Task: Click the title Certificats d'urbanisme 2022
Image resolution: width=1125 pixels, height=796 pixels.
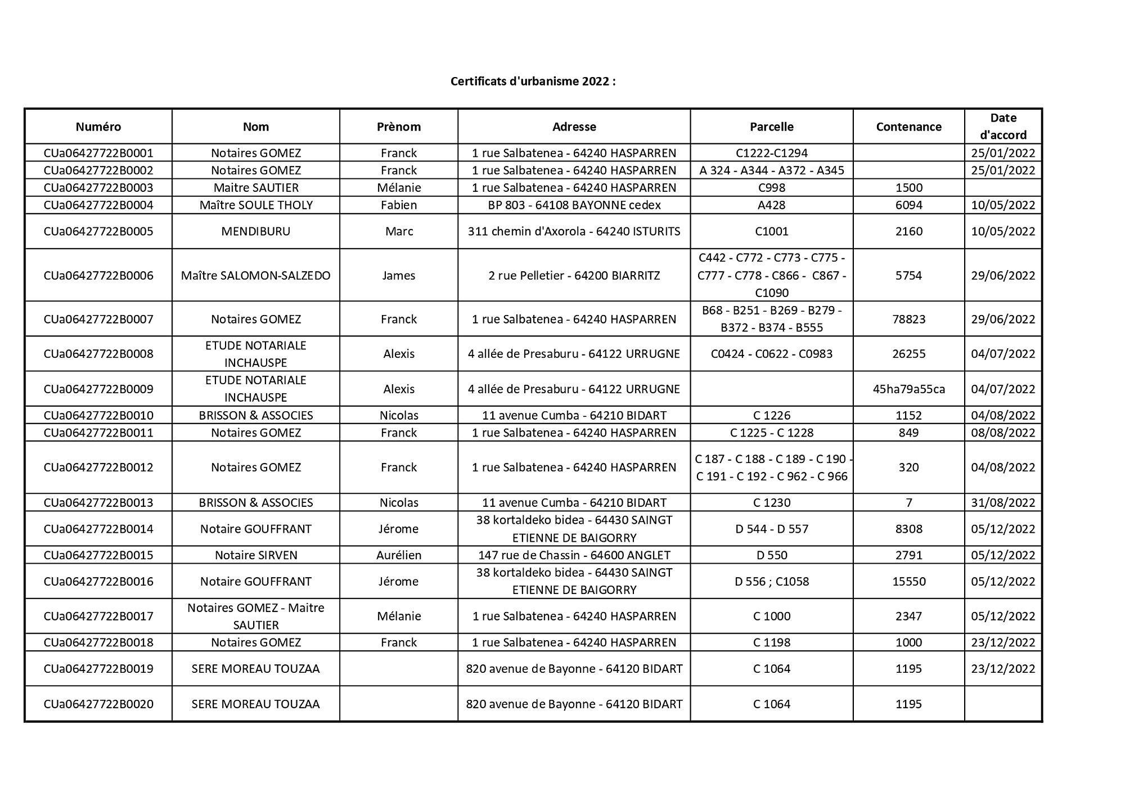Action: pyautogui.click(x=533, y=82)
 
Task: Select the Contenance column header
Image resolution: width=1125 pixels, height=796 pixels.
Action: pyautogui.click(x=908, y=127)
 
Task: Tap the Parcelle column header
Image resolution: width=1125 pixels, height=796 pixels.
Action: pyautogui.click(x=771, y=127)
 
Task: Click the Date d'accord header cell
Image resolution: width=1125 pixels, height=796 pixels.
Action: pyautogui.click(x=1003, y=127)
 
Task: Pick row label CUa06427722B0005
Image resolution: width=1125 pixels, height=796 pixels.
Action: pyautogui.click(x=98, y=231)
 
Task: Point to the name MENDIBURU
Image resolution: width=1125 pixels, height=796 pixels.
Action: pyautogui.click(x=256, y=231)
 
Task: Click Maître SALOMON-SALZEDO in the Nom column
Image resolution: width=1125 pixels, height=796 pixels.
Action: pyautogui.click(x=256, y=276)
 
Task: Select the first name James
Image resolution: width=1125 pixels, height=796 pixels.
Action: pyautogui.click(x=399, y=276)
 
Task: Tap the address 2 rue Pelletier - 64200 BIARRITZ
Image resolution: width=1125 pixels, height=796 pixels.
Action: pyautogui.click(x=574, y=276)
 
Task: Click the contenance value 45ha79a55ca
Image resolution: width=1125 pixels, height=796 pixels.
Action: pyautogui.click(x=908, y=389)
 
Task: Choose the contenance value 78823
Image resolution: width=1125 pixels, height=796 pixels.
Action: pyautogui.click(x=908, y=319)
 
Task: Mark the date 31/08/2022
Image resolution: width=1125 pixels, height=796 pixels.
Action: pyautogui.click(x=1003, y=502)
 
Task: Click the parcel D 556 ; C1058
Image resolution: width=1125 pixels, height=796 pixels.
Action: pyautogui.click(x=771, y=582)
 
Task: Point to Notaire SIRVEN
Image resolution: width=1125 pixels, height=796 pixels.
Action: pyautogui.click(x=256, y=555)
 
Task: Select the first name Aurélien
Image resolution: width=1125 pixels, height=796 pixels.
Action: pyautogui.click(x=399, y=555)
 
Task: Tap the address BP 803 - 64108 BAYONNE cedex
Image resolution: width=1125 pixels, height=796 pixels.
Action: pyautogui.click(x=574, y=205)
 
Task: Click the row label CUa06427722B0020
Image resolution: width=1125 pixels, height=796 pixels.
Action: pyautogui.click(x=98, y=704)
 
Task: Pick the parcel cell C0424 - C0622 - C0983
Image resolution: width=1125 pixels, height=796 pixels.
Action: pyautogui.click(x=771, y=354)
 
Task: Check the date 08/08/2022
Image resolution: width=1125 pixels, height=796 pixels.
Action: pyautogui.click(x=1003, y=433)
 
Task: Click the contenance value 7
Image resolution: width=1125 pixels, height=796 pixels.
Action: pyautogui.click(x=908, y=502)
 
